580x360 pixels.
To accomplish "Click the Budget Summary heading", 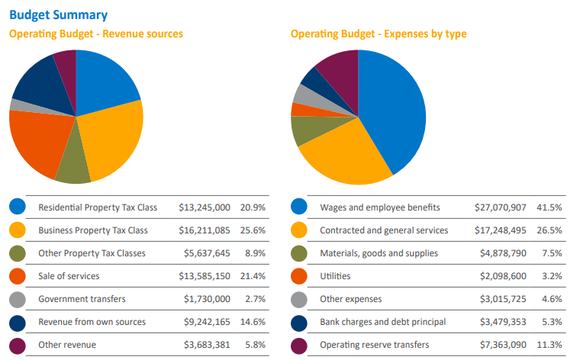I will (x=58, y=14).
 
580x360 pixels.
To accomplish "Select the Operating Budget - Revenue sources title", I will (x=95, y=34).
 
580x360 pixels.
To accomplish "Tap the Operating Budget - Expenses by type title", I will (x=379, y=34).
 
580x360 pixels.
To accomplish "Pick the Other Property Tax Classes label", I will (x=92, y=253).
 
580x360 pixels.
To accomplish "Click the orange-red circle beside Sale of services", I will (x=18, y=275).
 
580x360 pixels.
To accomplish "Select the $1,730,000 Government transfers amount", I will (x=207, y=299).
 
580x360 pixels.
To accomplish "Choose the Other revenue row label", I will (x=67, y=345).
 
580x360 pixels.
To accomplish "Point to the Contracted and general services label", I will (x=384, y=230).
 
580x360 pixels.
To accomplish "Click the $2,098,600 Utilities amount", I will (x=493, y=275).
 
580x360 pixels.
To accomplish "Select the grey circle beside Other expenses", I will (x=299, y=299).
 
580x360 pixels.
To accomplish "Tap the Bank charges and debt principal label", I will (x=379, y=322).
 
